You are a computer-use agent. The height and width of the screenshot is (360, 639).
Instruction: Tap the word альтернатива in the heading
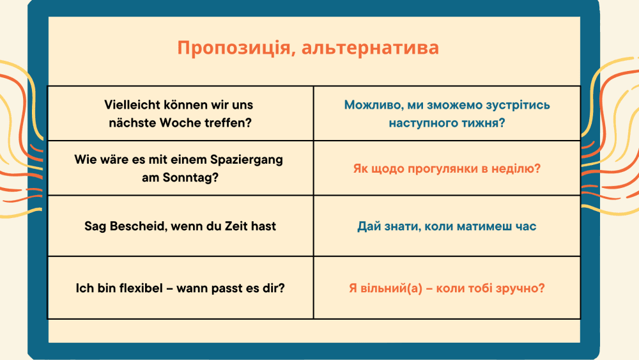coord(370,48)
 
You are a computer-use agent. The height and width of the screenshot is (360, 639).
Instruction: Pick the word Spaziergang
coord(247,160)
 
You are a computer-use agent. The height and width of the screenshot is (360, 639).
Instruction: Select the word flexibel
coord(141,288)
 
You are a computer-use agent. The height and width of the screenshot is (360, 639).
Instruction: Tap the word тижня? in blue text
coord(484,123)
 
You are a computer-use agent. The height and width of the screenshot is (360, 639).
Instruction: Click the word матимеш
coord(477,227)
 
